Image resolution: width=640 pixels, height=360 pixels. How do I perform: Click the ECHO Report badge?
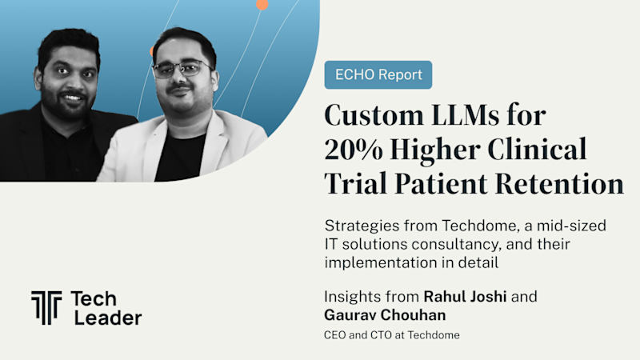click(x=378, y=74)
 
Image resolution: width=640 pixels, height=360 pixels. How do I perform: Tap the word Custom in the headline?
click(x=374, y=114)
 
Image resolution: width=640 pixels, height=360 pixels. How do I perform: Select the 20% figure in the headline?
click(x=354, y=150)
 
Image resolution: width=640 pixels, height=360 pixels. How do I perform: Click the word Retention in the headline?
click(x=559, y=184)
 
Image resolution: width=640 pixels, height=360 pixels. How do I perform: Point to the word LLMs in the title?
click(x=466, y=114)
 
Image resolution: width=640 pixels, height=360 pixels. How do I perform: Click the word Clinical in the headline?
click(x=537, y=149)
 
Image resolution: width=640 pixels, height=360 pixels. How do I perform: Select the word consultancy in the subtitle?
click(x=456, y=245)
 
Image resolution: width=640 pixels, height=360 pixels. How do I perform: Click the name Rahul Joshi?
click(x=465, y=297)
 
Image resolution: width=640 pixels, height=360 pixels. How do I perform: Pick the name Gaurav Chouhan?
click(x=385, y=315)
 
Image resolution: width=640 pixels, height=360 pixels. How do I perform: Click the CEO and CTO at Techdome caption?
click(x=392, y=335)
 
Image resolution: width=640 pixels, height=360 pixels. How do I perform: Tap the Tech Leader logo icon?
click(x=46, y=308)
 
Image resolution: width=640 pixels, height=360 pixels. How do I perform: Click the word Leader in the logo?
click(x=108, y=318)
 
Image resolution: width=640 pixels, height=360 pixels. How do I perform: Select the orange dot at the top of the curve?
click(x=262, y=5)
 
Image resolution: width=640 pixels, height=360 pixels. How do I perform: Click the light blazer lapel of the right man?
click(x=154, y=147)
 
